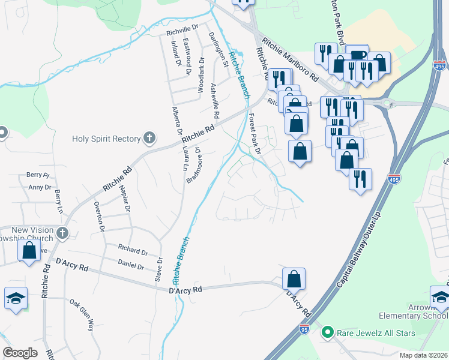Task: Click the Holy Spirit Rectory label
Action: [106, 139]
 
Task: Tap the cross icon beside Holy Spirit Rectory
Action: [149, 139]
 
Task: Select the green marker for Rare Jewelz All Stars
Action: [328, 331]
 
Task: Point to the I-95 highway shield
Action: [304, 329]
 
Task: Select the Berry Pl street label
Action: [37, 175]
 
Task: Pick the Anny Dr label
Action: [40, 187]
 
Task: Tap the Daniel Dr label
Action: [131, 265]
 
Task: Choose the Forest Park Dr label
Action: [254, 135]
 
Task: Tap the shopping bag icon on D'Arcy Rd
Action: [294, 279]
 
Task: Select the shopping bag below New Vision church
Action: [29, 251]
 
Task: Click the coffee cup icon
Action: [357, 55]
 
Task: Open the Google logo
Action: [20, 353]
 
